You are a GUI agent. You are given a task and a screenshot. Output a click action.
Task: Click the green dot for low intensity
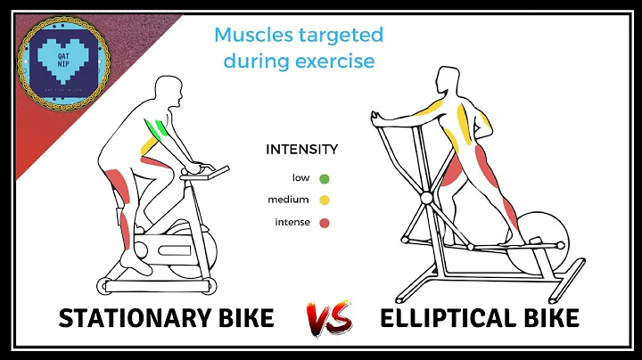point(324,178)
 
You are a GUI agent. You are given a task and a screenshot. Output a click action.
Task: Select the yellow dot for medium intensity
point(324,200)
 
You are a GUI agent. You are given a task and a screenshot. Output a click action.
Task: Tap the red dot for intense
point(324,223)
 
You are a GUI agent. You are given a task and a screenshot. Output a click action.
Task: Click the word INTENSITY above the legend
point(301,150)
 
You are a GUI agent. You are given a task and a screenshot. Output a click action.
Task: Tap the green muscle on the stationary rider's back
point(159,131)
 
